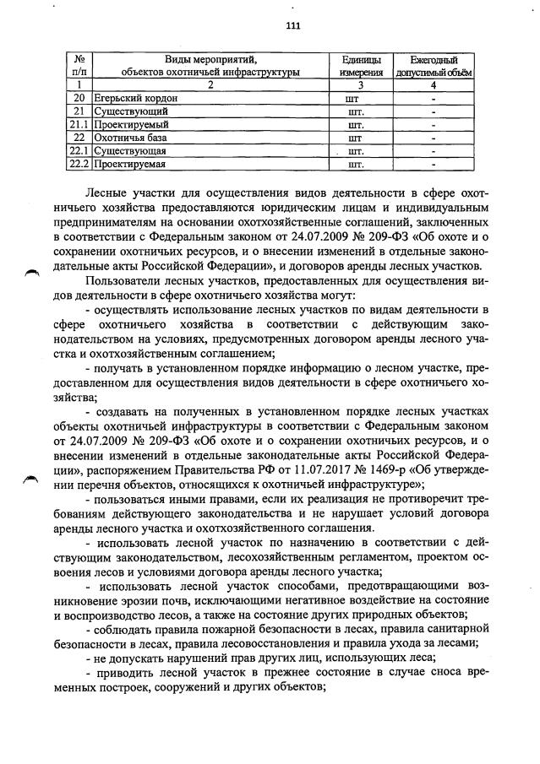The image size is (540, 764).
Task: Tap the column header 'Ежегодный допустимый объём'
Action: [434, 66]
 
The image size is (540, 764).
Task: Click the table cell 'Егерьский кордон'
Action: [131, 98]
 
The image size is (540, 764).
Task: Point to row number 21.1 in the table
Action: [79, 124]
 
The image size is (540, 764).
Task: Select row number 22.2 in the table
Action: [79, 163]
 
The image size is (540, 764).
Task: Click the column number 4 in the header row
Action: [433, 85]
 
